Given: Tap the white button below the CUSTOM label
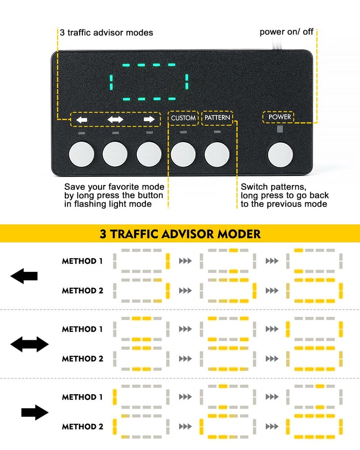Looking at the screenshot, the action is click(183, 154).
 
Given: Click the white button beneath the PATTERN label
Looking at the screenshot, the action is click(217, 154).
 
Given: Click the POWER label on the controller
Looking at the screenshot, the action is click(279, 117).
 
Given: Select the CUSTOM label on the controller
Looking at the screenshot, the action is click(183, 117).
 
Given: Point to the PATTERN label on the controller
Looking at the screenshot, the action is click(217, 117).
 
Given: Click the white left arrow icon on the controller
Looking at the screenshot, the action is click(82, 119).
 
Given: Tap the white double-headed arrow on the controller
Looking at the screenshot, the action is click(115, 119).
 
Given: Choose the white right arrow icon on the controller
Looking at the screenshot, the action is click(149, 119).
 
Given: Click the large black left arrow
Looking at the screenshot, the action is click(24, 276).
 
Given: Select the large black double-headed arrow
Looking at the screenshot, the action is click(29, 344).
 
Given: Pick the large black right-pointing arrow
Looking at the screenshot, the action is click(35, 412).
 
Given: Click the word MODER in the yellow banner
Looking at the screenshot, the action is click(239, 234).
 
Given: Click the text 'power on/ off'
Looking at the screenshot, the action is click(286, 32).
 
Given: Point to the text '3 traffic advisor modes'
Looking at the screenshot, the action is click(107, 33).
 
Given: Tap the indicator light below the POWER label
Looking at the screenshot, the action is click(280, 129).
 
